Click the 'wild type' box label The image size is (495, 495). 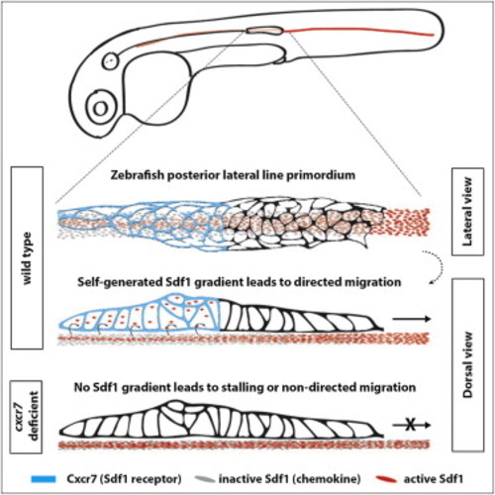[27, 257]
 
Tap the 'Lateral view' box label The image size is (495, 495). [467, 212]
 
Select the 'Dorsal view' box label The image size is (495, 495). [467, 364]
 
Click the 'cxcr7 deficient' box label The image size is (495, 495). [27, 417]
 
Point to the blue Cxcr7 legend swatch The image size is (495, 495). [44, 479]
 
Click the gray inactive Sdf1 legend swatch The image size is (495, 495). [205, 479]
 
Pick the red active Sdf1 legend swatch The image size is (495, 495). [386, 479]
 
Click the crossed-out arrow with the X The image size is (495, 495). [412, 425]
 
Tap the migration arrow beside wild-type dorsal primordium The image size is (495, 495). [412, 319]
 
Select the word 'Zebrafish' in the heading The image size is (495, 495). [137, 175]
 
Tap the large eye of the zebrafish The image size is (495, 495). [101, 109]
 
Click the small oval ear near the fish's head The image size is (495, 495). [110, 61]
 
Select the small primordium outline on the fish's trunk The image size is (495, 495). [264, 31]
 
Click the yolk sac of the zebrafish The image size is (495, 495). [157, 89]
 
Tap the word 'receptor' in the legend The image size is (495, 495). [153, 479]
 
